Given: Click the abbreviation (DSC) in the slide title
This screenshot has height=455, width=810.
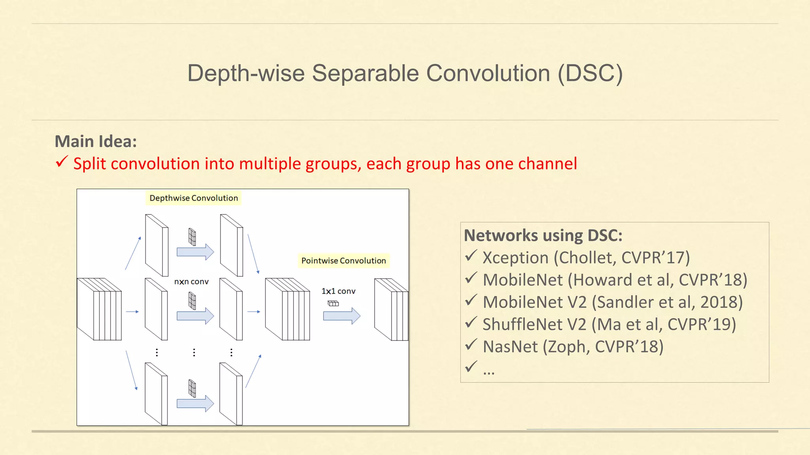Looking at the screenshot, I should tap(590, 73).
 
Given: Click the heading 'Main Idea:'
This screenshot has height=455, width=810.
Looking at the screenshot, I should tap(96, 141).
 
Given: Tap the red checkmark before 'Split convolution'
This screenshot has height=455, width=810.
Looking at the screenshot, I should tap(62, 162).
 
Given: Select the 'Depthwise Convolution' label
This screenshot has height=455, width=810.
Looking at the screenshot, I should tap(193, 198).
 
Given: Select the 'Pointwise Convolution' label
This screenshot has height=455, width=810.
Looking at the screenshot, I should tap(343, 261).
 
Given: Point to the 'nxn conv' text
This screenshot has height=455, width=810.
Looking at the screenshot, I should tap(191, 282).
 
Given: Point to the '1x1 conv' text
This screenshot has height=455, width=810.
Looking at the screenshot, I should tap(338, 291).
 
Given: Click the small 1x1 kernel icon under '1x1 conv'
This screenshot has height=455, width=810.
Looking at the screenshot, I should tap(333, 303).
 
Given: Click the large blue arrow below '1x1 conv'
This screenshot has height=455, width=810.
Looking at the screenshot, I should tap(341, 316).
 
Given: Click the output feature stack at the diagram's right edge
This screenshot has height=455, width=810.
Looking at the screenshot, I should tap(391, 310).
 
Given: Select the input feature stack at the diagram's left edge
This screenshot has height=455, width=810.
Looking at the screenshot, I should tap(99, 309).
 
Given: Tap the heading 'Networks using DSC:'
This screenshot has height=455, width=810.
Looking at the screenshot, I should tap(543, 235).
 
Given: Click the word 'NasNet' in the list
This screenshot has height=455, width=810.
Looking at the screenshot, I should tap(510, 347).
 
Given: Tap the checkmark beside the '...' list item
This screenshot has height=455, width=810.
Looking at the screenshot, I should tap(471, 367).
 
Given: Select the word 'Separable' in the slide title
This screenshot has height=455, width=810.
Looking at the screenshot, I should tap(365, 73).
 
